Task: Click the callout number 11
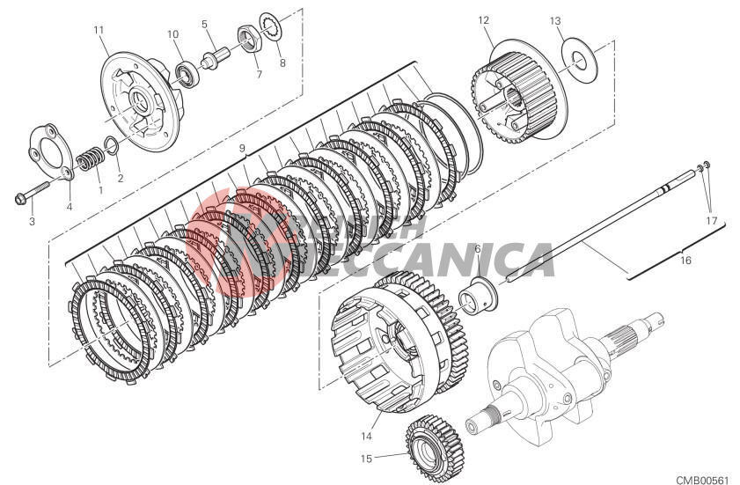(x=99, y=30)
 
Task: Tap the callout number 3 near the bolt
(x=31, y=221)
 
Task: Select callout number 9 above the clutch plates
(x=242, y=149)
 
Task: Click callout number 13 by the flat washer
(x=555, y=21)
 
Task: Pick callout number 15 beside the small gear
(x=365, y=459)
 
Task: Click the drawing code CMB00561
(x=703, y=480)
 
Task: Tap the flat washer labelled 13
(x=578, y=55)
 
